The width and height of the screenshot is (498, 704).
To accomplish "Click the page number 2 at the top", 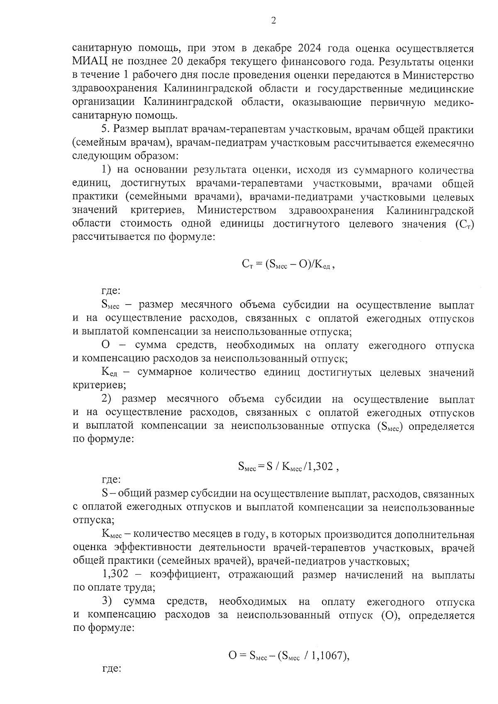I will click(x=273, y=21).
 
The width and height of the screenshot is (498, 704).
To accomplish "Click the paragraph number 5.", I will click(x=105, y=130).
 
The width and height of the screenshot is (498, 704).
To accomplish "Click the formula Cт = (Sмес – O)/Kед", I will click(x=288, y=264).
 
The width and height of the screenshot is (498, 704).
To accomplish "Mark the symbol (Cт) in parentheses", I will click(x=464, y=224).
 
